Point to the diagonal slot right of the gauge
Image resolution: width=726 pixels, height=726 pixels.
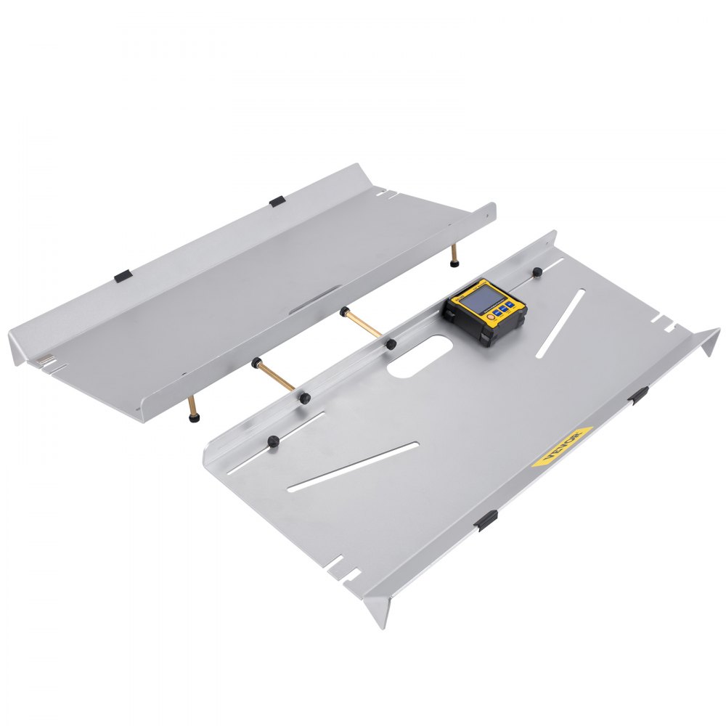click(560, 322)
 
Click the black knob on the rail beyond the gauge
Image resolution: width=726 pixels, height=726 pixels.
click(537, 272)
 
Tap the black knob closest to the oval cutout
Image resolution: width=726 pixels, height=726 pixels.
click(391, 343)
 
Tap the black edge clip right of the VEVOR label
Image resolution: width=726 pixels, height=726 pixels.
click(639, 395)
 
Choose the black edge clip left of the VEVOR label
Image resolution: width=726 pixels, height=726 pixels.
click(486, 519)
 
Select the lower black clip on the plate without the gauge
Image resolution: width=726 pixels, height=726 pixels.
click(122, 276)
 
